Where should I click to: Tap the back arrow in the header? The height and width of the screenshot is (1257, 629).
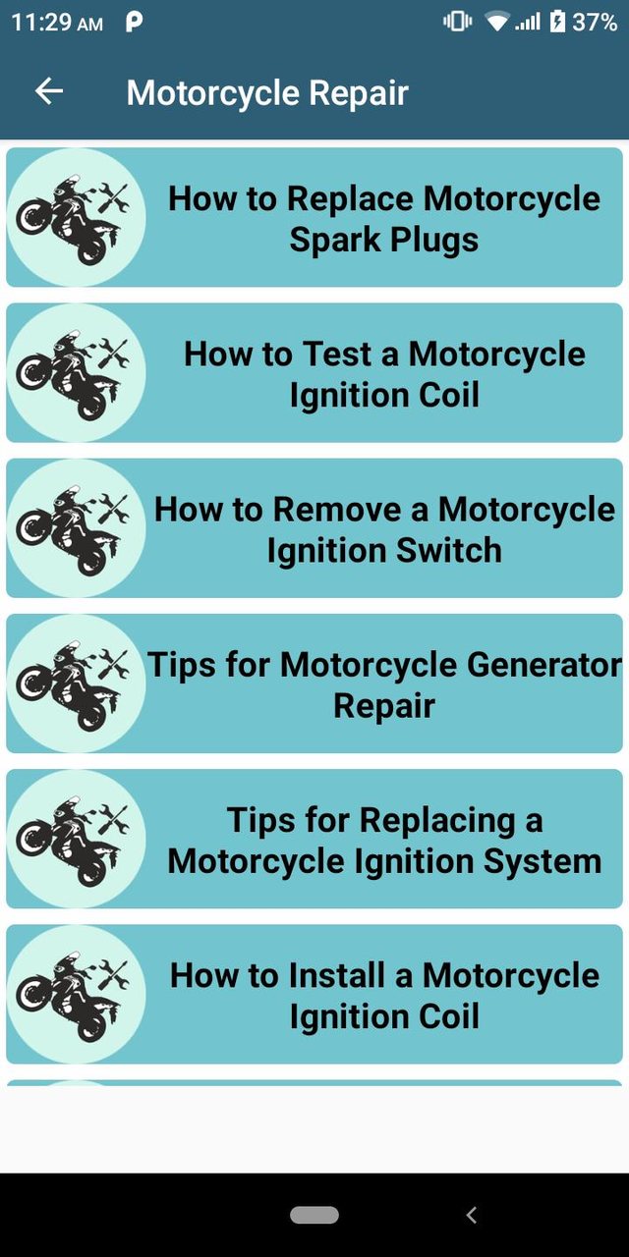49,91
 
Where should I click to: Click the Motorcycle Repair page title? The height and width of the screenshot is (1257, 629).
267,92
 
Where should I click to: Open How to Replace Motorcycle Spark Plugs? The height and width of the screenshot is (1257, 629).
384,218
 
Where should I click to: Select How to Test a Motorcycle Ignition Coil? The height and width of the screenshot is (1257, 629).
384,373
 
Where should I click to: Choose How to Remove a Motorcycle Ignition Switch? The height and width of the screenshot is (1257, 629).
384,528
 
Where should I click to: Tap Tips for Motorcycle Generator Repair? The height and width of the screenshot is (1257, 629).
384,683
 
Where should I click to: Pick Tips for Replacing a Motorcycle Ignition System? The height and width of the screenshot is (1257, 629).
384,840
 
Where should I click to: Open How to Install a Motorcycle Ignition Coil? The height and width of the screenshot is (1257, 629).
384,995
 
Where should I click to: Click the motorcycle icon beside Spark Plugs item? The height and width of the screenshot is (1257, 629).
76,217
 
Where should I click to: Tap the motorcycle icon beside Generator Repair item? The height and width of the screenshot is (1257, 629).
76,683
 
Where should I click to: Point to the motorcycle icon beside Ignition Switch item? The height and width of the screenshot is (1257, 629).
76,528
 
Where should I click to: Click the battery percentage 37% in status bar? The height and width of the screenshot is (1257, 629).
595,22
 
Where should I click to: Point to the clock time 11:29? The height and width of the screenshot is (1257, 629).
43,22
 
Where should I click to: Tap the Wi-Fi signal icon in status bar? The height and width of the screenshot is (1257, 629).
497,22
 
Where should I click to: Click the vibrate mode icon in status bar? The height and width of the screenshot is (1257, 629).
457,22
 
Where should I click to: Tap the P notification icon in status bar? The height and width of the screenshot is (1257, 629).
134,22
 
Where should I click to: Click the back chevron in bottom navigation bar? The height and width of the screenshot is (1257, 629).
471,1216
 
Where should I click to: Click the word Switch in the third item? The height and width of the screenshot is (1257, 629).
448,550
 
